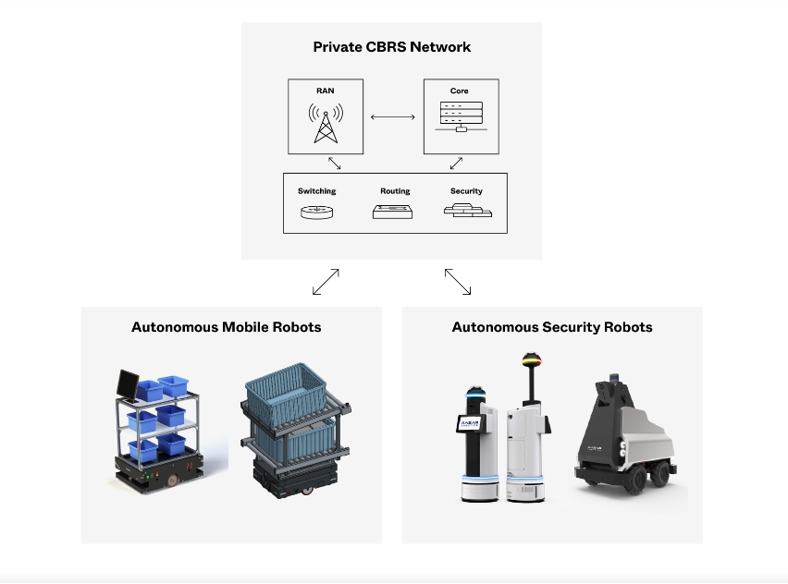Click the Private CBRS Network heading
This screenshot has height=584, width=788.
coord(391,47)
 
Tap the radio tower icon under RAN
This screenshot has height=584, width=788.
coord(325,124)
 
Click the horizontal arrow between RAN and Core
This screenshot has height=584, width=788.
coord(392,116)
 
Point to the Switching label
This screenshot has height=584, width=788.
coord(316,191)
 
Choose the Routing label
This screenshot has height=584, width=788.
coord(395,191)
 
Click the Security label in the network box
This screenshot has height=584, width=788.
coord(466,191)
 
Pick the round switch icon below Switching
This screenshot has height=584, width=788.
coord(316,212)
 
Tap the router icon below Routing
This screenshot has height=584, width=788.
coord(395,212)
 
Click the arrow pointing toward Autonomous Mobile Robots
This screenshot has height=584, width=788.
coord(326,282)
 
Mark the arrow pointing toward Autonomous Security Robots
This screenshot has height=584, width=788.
coord(458,282)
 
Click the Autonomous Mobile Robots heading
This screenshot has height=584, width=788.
coord(227,327)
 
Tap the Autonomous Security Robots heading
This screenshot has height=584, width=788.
coord(552,327)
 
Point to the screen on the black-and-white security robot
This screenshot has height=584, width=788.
coord(464,424)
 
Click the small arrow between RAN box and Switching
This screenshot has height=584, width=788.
coord(334,163)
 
